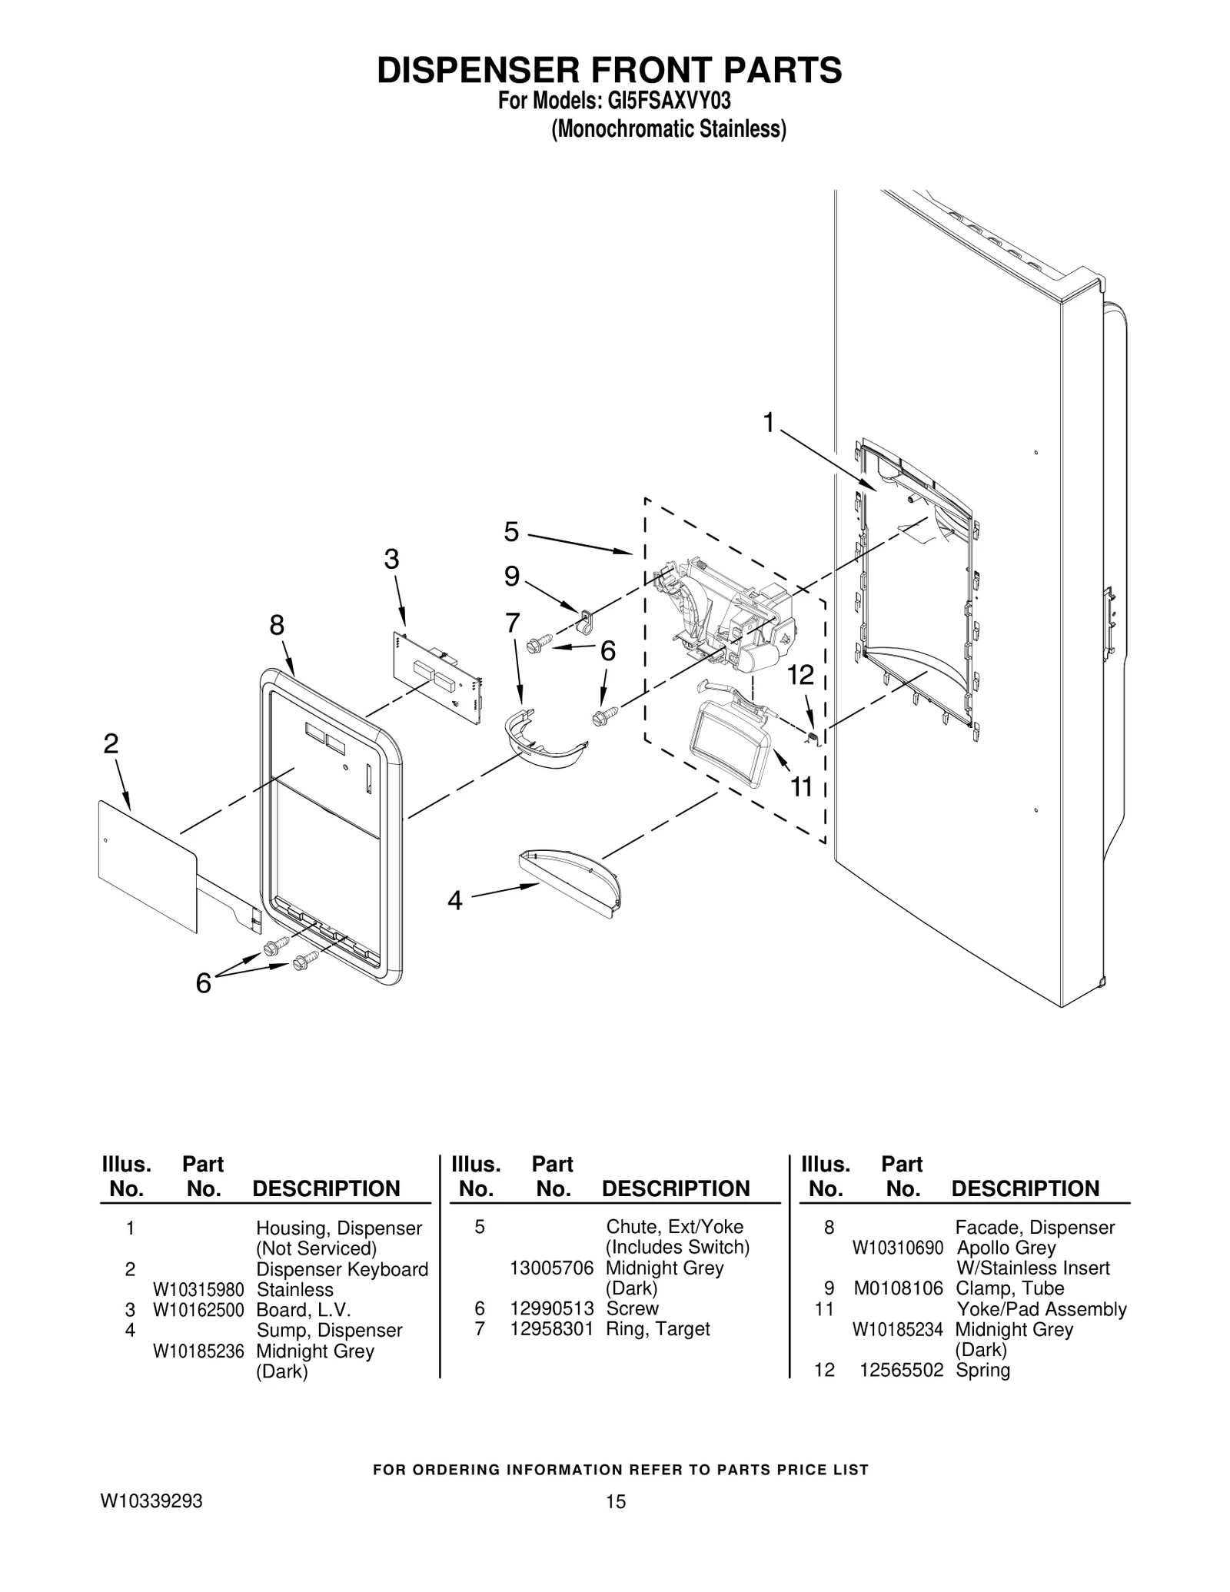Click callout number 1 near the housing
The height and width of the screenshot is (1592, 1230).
(768, 422)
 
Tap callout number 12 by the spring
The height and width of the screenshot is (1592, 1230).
(800, 675)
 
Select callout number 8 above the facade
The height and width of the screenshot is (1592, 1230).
(277, 626)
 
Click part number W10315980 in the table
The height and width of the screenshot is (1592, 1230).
(198, 1290)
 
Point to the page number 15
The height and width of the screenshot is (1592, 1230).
(615, 1523)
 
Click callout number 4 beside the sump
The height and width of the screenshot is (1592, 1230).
(455, 900)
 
